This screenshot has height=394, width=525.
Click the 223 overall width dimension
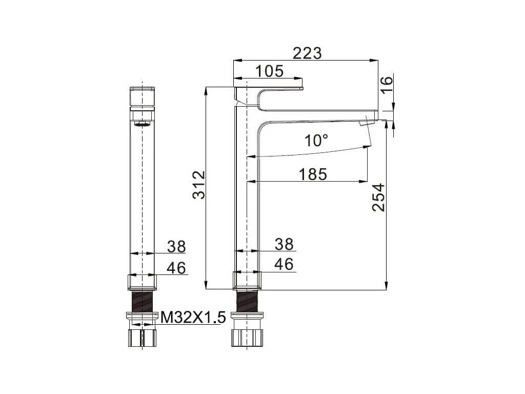click(307, 53)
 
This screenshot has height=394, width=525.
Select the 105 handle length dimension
click(269, 71)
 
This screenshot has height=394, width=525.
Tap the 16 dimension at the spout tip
click(386, 85)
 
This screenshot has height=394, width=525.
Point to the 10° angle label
click(316, 141)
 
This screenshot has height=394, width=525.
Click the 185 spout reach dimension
click(312, 174)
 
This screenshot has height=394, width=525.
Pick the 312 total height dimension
click(199, 185)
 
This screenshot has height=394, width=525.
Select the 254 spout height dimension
click(379, 198)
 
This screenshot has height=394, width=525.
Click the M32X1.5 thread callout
click(193, 317)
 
